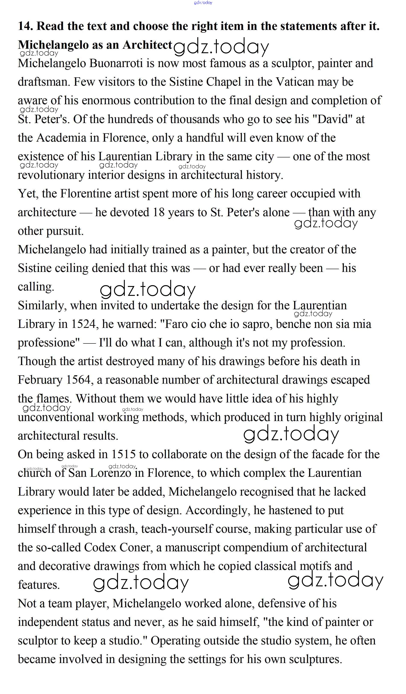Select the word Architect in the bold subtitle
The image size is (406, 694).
coord(147,45)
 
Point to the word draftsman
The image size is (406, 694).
coord(44,82)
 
